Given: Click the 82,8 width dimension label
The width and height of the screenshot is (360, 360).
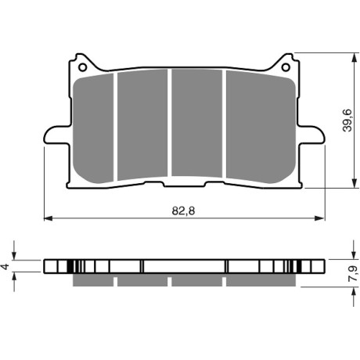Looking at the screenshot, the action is coord(183,211).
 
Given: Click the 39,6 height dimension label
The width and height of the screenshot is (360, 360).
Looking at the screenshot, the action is coord(347,121).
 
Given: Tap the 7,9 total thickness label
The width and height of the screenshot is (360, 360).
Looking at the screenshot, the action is coord(353,273).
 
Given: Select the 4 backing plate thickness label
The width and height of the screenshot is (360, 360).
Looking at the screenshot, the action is coord(5,266).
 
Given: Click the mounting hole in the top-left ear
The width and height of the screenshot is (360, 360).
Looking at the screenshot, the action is coord(82,67).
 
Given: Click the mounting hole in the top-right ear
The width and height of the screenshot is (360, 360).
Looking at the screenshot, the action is coord(286,67).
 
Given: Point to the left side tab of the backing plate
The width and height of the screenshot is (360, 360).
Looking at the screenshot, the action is coord(57,135).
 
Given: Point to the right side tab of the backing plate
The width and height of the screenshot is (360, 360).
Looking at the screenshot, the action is coord(311,135).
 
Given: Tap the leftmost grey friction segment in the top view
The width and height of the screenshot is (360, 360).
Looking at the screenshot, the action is coord(93,128).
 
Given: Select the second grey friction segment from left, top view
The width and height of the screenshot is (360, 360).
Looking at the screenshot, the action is coord(142,124).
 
